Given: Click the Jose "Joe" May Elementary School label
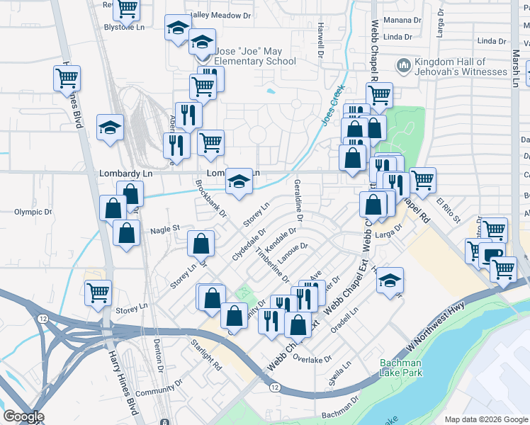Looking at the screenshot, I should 256,57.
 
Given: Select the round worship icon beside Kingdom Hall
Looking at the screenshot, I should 404,67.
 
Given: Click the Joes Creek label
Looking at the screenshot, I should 333,106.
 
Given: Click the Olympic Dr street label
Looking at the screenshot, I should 33,212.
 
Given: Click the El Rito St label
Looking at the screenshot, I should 448,210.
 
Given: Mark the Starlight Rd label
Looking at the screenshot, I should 206,356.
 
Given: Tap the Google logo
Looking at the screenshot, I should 23,416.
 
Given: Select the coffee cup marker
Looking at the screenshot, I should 491,254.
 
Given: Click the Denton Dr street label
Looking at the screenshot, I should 159,356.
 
